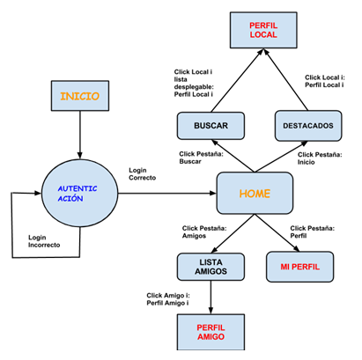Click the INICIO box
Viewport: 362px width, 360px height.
tap(80, 96)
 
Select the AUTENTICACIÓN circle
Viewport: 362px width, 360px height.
tap(79, 193)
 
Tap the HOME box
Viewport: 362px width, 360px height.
tap(255, 193)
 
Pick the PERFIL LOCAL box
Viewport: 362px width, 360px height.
tap(263, 30)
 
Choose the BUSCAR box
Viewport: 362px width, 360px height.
tap(211, 126)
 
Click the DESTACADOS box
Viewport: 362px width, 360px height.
tap(308, 126)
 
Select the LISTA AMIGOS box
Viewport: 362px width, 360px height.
tap(211, 267)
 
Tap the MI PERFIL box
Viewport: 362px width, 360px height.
tap(299, 267)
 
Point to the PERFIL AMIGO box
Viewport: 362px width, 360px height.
tap(211, 332)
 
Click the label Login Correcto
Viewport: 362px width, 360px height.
tap(143, 174)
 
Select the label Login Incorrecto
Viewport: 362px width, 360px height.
tap(44, 241)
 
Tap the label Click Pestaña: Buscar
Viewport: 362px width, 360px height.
tap(201, 158)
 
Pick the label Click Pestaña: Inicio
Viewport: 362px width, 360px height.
tap(320, 158)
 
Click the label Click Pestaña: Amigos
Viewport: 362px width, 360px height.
tap(204, 231)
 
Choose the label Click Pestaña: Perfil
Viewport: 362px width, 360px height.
tap(313, 231)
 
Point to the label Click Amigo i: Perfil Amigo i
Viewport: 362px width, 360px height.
tap(168, 299)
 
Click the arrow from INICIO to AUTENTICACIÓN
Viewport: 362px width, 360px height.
tap(80, 135)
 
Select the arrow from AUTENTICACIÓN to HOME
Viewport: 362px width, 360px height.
tap(167, 193)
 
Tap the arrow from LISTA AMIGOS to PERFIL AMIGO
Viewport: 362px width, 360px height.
tap(211, 298)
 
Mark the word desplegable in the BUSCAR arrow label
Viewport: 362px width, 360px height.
tap(194, 87)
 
